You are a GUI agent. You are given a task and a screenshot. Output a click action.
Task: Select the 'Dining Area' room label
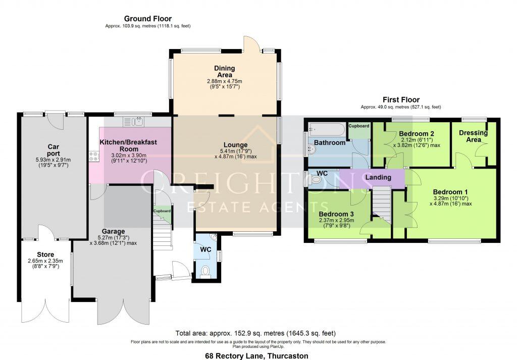224,71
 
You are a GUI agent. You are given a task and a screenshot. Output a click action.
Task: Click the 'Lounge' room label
236,145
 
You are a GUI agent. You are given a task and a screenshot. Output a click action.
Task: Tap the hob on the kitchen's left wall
93,157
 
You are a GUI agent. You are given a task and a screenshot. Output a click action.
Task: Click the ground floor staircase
163,237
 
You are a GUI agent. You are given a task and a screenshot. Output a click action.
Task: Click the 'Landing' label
378,178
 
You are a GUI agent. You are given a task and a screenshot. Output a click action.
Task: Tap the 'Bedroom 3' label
336,214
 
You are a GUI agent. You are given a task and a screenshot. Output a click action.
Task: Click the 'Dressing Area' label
473,136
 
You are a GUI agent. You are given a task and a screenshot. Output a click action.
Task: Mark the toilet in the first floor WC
315,179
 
